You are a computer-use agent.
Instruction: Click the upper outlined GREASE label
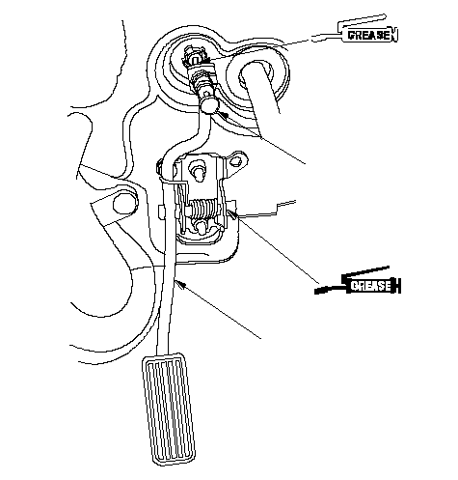tap(368, 35)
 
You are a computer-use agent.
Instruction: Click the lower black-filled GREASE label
tap(371, 286)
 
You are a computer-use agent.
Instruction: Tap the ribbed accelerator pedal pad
tap(168, 409)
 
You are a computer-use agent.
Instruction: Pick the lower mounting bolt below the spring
tap(202, 227)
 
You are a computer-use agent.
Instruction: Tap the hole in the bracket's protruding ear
tap(237, 160)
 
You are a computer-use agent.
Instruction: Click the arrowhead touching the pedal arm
tap(181, 284)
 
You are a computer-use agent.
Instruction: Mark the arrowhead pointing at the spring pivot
tap(231, 213)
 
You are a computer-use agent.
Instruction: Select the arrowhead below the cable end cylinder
tap(223, 115)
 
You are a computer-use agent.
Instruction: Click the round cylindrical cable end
tap(209, 104)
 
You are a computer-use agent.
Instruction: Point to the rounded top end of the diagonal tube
tap(254, 70)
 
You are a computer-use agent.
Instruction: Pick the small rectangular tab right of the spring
tap(231, 205)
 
